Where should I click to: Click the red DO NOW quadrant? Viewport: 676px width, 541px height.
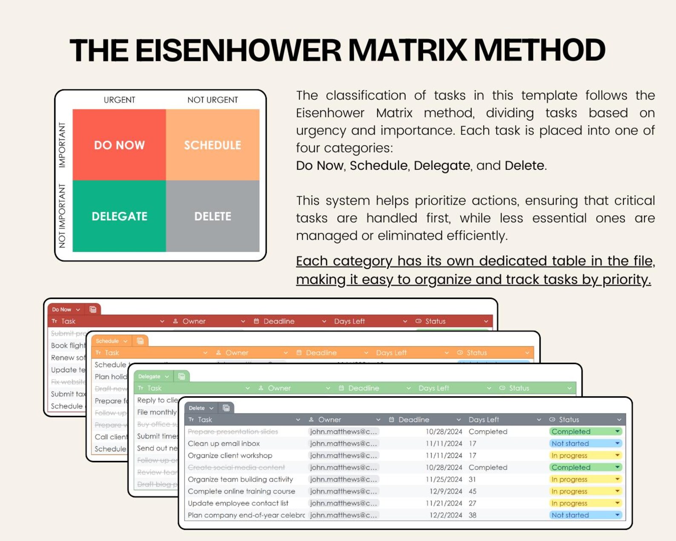[119, 145]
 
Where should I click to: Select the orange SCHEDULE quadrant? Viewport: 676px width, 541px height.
[212, 145]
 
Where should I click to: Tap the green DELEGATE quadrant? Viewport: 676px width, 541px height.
[119, 216]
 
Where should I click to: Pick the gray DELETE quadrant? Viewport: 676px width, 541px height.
[212, 216]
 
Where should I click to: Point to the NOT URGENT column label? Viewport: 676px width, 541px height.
[212, 100]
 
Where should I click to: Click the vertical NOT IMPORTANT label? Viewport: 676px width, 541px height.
[62, 216]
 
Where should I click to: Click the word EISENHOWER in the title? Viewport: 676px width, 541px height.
[238, 50]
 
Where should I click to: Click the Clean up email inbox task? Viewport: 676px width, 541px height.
[224, 443]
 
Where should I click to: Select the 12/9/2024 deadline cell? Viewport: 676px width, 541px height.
[445, 491]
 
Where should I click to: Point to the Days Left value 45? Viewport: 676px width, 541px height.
[473, 491]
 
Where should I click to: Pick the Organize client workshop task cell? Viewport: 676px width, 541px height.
[230, 455]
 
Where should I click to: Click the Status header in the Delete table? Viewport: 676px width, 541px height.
[569, 420]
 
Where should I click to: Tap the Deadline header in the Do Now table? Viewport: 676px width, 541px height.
[279, 321]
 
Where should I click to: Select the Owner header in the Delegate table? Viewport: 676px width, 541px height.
[279, 388]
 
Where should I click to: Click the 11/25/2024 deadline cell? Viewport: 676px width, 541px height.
[444, 479]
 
